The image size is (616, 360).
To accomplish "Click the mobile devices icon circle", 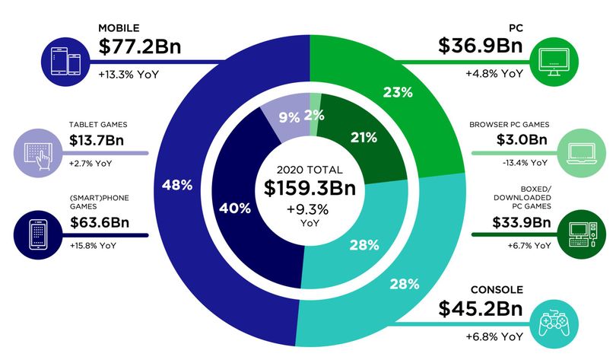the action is [x=65, y=62].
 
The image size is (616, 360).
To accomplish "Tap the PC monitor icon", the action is [x=554, y=62].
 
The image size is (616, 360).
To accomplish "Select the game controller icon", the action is [x=554, y=323].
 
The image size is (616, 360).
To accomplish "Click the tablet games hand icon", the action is [x=38, y=153].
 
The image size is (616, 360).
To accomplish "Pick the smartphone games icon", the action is [x=38, y=234].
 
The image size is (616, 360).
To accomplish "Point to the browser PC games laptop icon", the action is [x=582, y=153].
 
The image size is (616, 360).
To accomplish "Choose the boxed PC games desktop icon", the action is [x=582, y=234].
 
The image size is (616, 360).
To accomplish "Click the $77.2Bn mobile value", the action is [x=139, y=46].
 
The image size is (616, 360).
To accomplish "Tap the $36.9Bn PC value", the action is [x=481, y=46].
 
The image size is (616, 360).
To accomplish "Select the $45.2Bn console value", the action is [x=481, y=308].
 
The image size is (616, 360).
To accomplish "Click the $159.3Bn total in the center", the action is [x=310, y=188].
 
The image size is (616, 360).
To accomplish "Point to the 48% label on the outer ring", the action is [x=177, y=185].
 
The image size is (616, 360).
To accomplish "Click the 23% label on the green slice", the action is [x=398, y=92].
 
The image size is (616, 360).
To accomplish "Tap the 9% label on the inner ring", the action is [x=289, y=117].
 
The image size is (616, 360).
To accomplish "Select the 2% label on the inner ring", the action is [x=314, y=115].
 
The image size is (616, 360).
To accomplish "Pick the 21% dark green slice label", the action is [x=364, y=138].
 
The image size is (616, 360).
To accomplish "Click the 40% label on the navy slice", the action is [x=235, y=209].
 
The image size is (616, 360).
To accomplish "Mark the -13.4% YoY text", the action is [x=525, y=163].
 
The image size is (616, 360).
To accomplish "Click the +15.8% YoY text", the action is [x=93, y=246].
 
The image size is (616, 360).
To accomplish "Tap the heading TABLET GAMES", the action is [x=98, y=125].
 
